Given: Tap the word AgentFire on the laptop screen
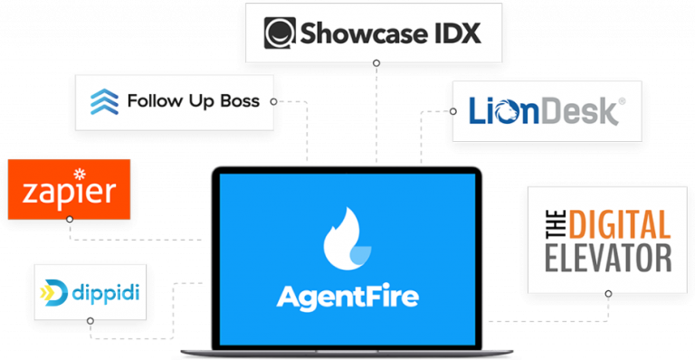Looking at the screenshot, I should (x=347, y=297).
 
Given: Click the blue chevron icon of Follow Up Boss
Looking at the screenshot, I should (x=104, y=101).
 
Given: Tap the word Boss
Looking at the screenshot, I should (x=239, y=100).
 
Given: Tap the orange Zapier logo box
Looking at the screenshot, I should (x=69, y=189).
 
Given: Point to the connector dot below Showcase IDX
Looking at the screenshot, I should (x=376, y=63).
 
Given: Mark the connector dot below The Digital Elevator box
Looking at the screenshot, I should (x=608, y=294).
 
